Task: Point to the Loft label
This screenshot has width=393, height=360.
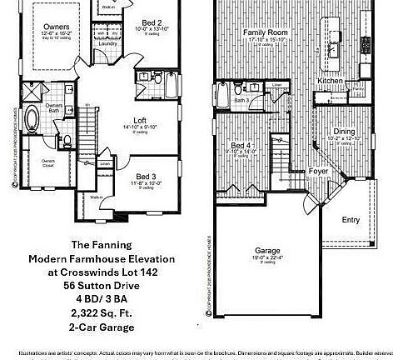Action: pos(140,120)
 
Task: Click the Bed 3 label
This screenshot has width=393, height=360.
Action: pos(146,176)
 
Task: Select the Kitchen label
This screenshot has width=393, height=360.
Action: pos(331,81)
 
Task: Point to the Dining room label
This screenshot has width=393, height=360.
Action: pos(343,130)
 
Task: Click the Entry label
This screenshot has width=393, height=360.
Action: pos(351,220)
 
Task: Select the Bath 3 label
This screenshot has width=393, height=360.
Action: pos(241,100)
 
